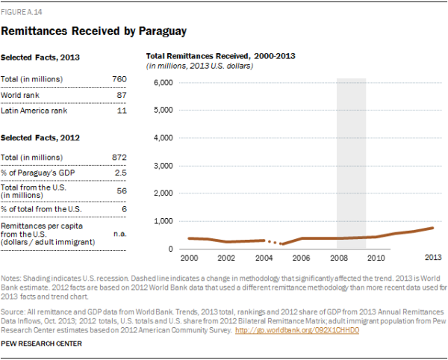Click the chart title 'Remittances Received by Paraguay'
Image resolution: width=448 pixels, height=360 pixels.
tap(93, 31)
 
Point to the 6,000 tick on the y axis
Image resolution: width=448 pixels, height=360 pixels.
tap(163, 82)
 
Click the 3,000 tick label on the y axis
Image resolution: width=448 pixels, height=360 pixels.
tap(163, 166)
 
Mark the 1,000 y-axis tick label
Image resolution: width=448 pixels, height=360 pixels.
tap(163, 222)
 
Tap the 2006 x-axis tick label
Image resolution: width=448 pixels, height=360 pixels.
tap(301, 258)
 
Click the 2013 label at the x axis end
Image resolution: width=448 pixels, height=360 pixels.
tap(431, 258)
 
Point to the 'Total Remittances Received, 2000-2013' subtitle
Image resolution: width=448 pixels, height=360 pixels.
tap(220, 56)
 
